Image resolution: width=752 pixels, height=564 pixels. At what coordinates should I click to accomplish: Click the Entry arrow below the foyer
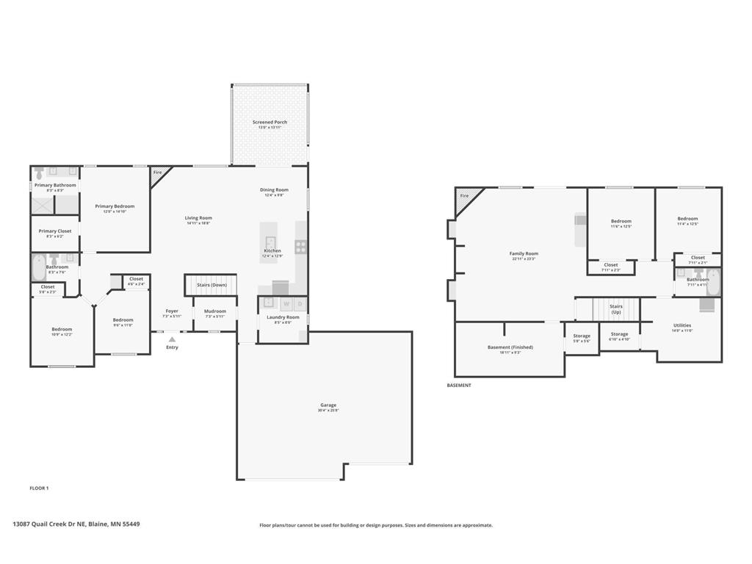point(172,339)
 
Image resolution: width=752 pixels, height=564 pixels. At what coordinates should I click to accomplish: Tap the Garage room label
point(328,405)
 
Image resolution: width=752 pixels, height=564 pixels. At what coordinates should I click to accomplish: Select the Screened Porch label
point(270,123)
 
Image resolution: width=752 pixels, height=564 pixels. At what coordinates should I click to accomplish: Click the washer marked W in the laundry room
point(286,303)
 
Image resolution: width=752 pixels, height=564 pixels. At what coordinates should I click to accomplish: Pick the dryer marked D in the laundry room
point(300,303)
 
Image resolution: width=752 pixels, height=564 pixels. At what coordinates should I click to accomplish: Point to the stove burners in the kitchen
point(300,247)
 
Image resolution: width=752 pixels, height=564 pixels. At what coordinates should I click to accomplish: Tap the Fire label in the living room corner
point(157,173)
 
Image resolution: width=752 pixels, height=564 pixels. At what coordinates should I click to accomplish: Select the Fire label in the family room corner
point(464,196)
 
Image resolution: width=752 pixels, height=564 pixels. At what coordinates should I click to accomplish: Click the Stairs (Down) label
point(211,284)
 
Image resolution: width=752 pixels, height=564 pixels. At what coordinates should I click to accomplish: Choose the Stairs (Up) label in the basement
point(616,309)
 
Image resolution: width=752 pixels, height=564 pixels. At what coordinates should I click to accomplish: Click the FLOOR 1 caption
point(39,488)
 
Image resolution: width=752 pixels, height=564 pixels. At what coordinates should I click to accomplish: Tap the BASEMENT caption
point(459,385)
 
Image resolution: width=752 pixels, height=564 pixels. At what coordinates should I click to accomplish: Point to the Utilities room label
point(682,325)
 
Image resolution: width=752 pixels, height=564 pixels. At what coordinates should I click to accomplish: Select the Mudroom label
point(216,311)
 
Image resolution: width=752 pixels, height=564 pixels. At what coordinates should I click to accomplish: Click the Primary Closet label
point(55,231)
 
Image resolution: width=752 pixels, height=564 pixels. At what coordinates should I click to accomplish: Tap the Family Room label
point(524,253)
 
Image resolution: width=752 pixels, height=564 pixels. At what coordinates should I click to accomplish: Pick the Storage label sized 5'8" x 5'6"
point(582,336)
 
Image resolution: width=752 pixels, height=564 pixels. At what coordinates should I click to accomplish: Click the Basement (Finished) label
point(510,347)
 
